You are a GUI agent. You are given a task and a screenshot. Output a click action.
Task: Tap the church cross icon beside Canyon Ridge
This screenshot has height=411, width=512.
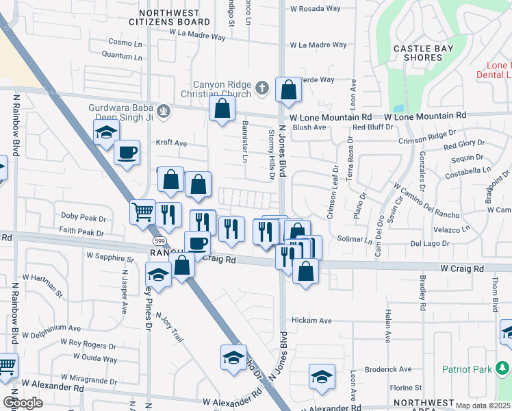click(x=261, y=88)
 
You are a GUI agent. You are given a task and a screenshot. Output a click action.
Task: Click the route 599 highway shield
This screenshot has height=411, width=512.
click(x=159, y=241)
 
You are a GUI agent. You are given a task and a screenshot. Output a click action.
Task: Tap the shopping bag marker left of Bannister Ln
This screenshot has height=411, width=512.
click(x=222, y=108)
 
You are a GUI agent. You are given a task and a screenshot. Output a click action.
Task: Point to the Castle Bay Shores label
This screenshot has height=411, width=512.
click(x=418, y=53)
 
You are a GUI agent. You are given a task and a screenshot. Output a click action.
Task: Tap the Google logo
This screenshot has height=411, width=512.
click(x=23, y=403)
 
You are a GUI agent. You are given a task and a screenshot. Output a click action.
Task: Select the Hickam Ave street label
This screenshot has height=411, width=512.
click(x=311, y=321)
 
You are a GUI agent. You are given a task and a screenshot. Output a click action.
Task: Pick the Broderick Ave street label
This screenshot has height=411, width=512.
click(x=388, y=369)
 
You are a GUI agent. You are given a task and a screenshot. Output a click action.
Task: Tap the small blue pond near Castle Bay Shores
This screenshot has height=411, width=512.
click(x=398, y=108)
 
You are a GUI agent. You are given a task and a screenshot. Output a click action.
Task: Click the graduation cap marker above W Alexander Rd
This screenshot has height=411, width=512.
click(x=233, y=357)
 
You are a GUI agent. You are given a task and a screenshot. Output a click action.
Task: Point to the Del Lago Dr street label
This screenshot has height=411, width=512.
click(x=429, y=243)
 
